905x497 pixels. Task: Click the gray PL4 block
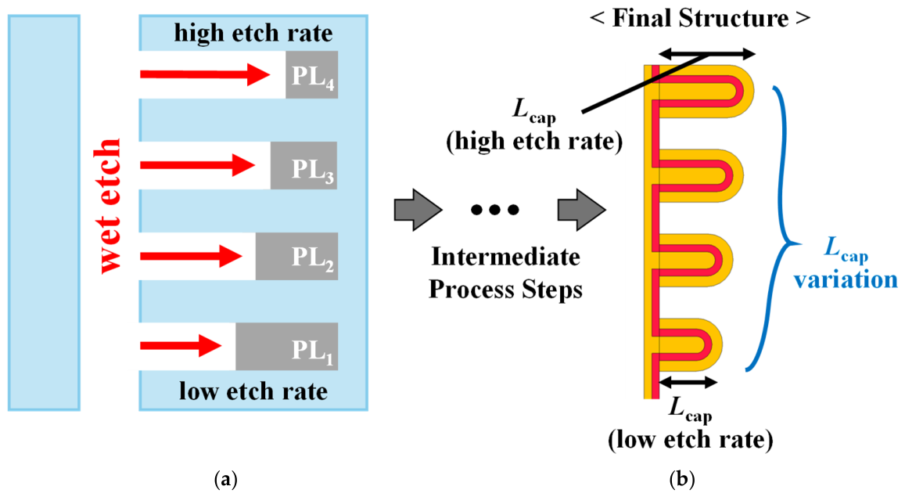tap(311, 74)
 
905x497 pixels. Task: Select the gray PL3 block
tap(304, 165)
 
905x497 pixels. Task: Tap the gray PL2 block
tap(296, 256)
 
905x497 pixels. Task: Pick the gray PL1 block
tap(287, 347)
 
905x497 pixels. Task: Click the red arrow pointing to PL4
tap(205, 74)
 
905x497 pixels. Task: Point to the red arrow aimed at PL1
tap(181, 347)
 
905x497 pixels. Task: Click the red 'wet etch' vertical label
tap(109, 206)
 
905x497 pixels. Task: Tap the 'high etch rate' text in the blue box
tap(253, 33)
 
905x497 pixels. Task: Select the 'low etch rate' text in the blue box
tap(253, 391)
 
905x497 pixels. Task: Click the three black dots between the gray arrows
tap(494, 210)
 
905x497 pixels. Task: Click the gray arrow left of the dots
tap(418, 210)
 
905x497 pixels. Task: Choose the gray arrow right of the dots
tap(582, 210)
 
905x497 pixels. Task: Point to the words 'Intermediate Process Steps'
tap(505, 272)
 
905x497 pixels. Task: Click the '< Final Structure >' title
tap(700, 19)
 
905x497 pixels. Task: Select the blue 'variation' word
tap(846, 279)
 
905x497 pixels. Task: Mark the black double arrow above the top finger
tap(707, 54)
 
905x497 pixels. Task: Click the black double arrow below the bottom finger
tap(688, 381)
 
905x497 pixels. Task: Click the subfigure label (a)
tap(226, 479)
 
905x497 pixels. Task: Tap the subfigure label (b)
tap(682, 479)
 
